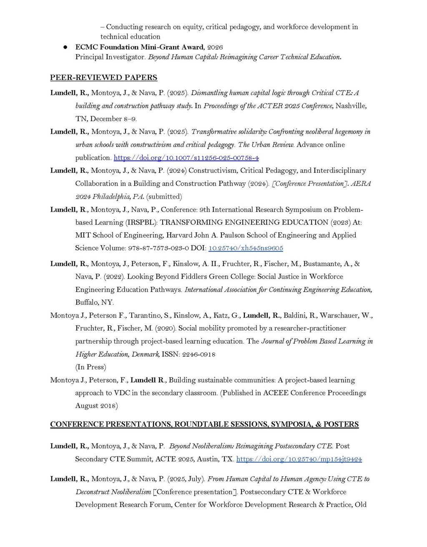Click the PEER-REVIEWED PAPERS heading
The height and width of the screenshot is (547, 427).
(x=103, y=77)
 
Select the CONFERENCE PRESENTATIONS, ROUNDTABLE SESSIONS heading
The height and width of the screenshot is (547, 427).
(x=204, y=424)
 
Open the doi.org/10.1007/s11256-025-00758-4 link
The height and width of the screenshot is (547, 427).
(x=186, y=158)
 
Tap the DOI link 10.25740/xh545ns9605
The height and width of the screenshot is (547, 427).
(x=246, y=248)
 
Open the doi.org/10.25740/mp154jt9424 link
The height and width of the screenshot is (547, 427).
(x=299, y=459)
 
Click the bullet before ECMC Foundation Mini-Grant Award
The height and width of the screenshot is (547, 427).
(x=65, y=47)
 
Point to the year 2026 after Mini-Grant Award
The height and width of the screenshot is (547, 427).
(x=215, y=47)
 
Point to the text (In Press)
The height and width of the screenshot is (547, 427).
(x=90, y=367)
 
